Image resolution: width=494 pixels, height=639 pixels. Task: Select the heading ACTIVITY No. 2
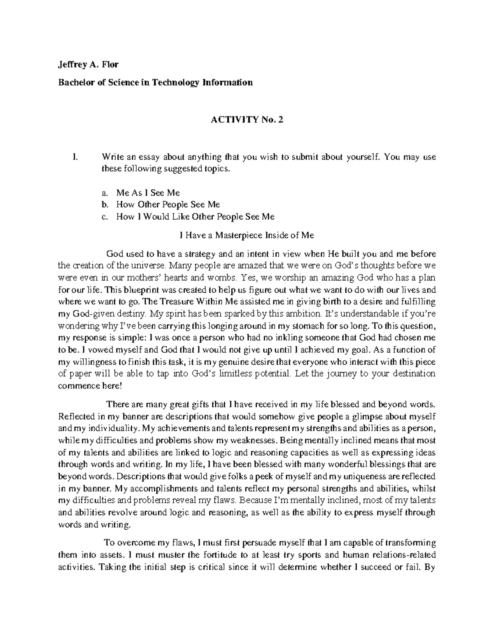click(247, 120)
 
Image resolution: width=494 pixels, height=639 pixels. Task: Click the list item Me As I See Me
click(148, 193)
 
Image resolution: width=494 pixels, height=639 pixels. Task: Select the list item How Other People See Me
click(168, 204)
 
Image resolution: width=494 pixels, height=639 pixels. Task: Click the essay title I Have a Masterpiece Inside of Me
click(247, 235)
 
